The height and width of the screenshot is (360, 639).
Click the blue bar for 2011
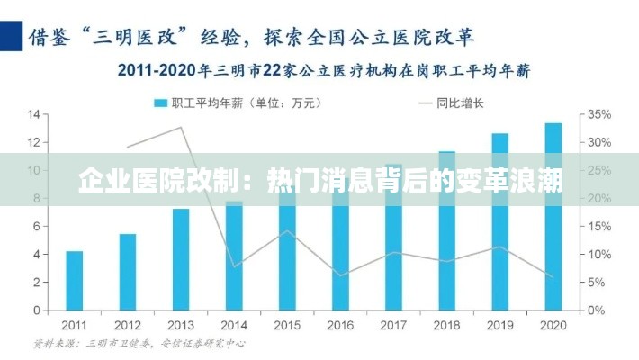[75, 280]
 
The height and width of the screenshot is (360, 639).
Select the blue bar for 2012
[128, 272]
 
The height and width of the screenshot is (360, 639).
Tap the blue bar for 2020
[553, 216]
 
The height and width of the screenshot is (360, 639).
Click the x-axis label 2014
[234, 325]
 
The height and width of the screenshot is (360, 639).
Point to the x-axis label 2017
[394, 325]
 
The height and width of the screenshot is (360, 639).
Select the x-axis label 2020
[553, 325]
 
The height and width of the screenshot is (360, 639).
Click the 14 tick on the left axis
[33, 114]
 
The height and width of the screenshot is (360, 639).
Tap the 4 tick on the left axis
[36, 255]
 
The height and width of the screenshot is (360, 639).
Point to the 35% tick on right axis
[599, 114]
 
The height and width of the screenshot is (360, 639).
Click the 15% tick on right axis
[599, 227]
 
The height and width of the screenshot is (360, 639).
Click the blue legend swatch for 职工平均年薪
[161, 103]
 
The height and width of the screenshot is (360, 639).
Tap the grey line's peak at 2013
[181, 127]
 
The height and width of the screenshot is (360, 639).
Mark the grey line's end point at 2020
[553, 276]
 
